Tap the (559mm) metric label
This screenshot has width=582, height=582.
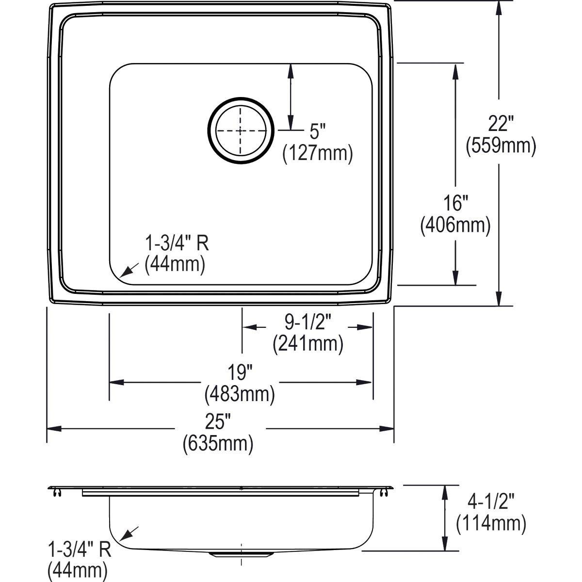click(501, 145)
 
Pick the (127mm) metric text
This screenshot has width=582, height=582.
click(318, 153)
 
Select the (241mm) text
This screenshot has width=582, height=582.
click(307, 343)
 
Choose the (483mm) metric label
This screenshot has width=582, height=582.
click(240, 394)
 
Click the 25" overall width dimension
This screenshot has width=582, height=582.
click(218, 422)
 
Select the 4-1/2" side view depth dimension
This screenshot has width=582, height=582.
click(491, 502)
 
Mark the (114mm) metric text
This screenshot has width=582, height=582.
click(491, 523)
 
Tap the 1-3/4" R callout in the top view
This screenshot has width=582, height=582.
click(177, 243)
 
